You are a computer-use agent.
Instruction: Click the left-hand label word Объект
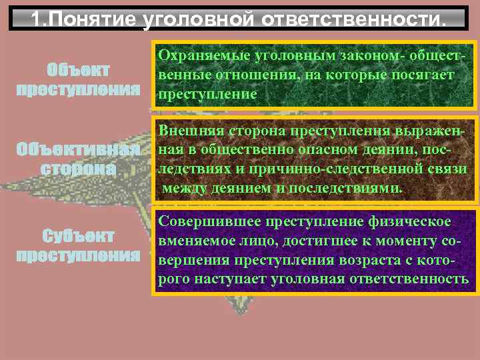tap(78, 71)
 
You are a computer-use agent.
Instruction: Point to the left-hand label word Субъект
tap(78, 237)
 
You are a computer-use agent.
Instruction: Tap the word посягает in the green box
tap(424, 76)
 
